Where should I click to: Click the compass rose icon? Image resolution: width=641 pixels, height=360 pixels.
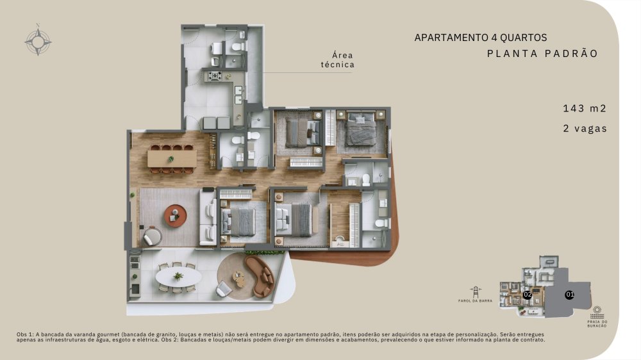pos(38,41)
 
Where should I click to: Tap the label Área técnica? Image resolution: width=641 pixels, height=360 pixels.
pos(338,60)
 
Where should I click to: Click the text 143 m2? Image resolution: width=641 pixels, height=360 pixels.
pos(585,108)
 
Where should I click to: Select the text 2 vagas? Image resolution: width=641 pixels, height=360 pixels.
pos(585,128)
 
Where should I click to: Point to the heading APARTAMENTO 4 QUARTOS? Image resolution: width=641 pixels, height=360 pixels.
pos(481,38)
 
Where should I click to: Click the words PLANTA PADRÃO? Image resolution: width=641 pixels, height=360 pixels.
pos(542,54)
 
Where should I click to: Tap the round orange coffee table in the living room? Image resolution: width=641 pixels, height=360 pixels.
pos(176,216)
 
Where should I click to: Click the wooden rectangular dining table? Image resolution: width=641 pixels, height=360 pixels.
pos(172,159)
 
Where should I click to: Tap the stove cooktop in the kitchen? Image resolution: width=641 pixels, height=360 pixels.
pos(215,76)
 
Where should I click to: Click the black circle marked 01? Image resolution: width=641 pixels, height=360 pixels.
pos(569,294)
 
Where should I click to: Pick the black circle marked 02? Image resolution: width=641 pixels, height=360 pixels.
pos(528,294)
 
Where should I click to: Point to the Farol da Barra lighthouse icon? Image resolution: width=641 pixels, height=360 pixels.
pos(475,292)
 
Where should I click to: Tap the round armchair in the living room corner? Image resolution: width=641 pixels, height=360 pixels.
pos(153,236)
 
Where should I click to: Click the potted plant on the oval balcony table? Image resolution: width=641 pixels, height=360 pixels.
pos(178,277)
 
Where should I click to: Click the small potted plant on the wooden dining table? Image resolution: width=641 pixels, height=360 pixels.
pos(171,159)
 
